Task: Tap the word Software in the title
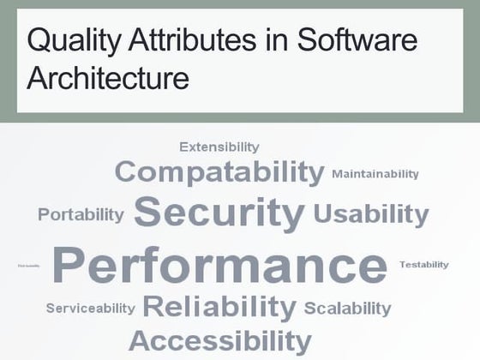coord(357,40)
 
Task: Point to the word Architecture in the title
coord(108,79)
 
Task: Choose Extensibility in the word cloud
coord(219,147)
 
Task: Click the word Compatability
coord(219,171)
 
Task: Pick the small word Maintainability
coord(375,174)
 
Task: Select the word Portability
coord(81,214)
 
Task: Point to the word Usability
coord(370,213)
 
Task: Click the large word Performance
coord(219,265)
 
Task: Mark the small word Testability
coord(423,265)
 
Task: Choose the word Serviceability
coord(90,308)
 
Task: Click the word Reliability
coord(219,306)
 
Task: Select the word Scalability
coord(347,308)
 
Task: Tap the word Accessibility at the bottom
coord(219,339)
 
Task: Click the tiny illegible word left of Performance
coord(29,266)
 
